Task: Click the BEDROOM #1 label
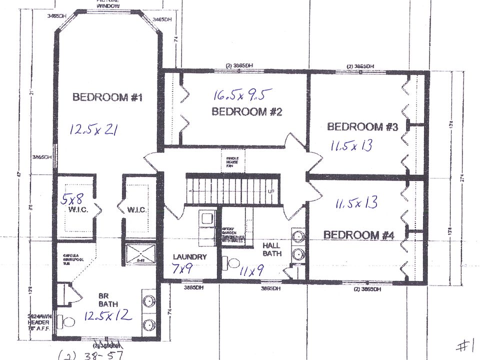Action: coord(107,97)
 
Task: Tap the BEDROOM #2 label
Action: coord(246,111)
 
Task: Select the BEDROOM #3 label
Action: coord(362,126)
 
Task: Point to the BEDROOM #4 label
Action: coord(359,234)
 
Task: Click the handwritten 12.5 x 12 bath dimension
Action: coord(107,315)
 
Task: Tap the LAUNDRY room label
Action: coord(189,257)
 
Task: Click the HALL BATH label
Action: coord(271,249)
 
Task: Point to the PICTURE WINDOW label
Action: coord(108,3)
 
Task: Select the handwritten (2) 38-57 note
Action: coord(90,355)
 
